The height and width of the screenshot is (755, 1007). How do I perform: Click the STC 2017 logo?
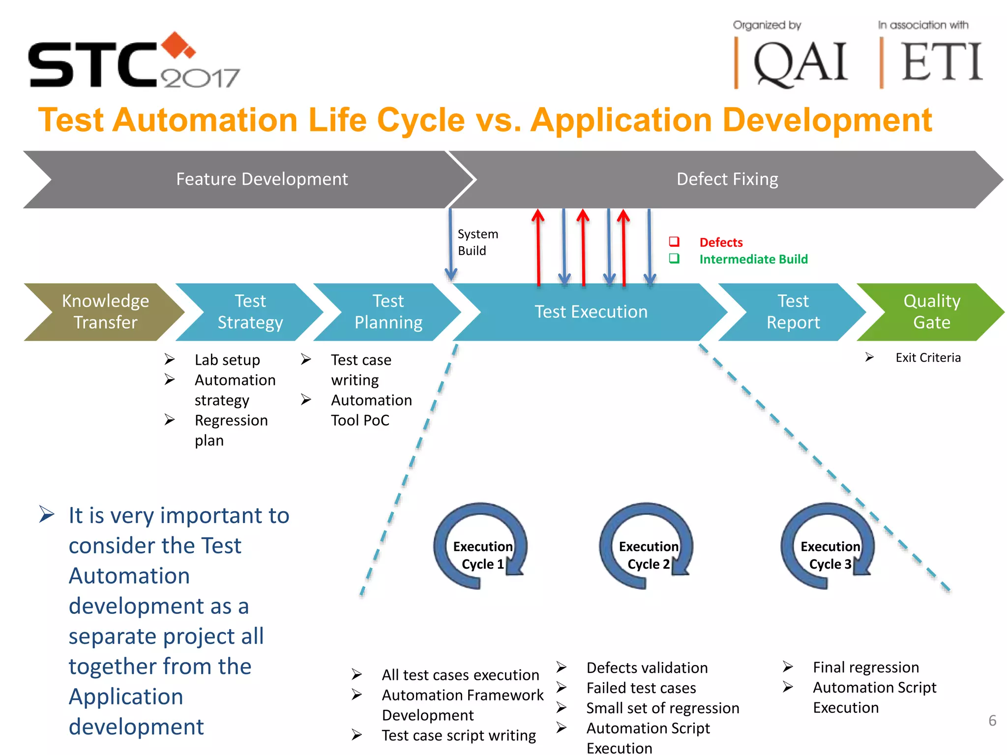[133, 61]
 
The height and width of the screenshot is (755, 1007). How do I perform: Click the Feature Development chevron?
[262, 179]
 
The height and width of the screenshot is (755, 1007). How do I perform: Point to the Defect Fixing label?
[727, 179]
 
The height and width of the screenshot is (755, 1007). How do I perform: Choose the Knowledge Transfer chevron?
[105, 312]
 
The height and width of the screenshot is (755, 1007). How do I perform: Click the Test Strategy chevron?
[250, 312]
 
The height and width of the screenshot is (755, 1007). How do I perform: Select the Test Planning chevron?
[388, 312]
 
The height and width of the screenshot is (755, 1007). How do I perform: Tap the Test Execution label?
[591, 312]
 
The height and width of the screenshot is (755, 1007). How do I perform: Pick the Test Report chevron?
[793, 312]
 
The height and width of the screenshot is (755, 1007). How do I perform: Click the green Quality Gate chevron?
[931, 312]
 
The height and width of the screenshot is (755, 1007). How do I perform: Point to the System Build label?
[477, 242]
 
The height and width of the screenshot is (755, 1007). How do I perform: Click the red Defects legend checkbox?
[674, 241]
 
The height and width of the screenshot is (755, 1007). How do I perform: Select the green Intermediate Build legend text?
[753, 259]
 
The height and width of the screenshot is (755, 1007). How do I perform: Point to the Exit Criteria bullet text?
[928, 358]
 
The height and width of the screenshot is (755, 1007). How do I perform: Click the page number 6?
[992, 721]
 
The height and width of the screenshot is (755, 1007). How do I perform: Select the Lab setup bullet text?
[227, 360]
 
